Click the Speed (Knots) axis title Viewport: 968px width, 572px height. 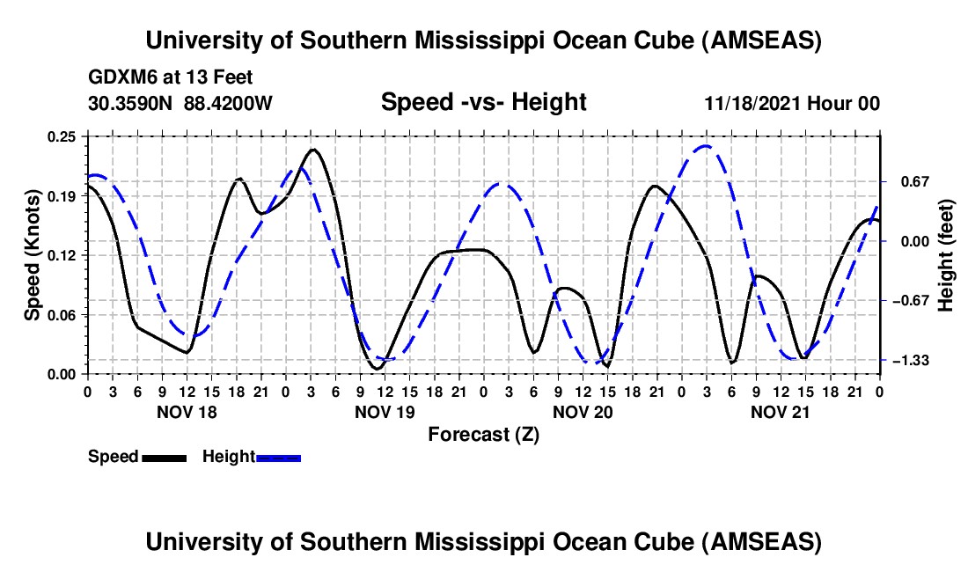tap(32, 255)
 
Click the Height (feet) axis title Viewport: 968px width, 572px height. tap(946, 255)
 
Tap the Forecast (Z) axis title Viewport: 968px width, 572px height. tap(483, 434)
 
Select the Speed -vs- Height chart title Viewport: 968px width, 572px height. tap(483, 103)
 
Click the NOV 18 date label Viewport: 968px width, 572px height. tap(186, 412)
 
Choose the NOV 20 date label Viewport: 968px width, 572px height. tap(582, 412)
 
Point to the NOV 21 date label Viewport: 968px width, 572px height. tap(780, 412)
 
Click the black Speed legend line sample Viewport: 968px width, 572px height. tap(164, 458)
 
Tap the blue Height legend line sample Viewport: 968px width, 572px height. tap(278, 458)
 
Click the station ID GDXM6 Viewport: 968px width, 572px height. tap(120, 77)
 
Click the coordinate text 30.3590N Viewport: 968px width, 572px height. tap(131, 104)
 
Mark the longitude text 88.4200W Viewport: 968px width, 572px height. tap(228, 104)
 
